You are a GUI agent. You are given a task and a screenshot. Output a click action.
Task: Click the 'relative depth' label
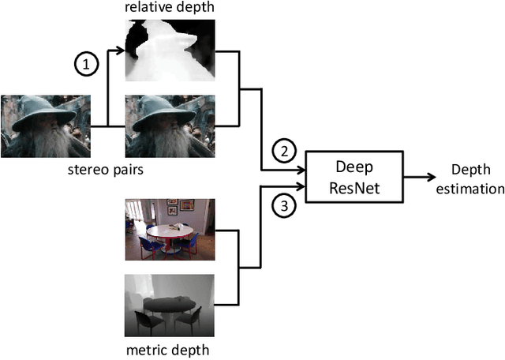pyautogui.click(x=170, y=8)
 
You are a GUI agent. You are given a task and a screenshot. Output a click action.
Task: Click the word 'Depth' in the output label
pyautogui.click(x=470, y=170)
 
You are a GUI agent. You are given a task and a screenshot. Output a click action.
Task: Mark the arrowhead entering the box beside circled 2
pyautogui.click(x=304, y=170)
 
